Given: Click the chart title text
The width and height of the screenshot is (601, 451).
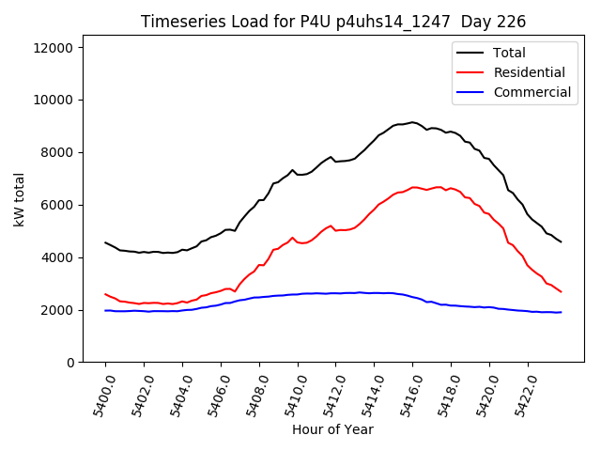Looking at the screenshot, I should [333, 22].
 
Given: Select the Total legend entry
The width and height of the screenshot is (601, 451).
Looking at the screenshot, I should [509, 54].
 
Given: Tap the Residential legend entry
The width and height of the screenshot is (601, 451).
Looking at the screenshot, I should [529, 72].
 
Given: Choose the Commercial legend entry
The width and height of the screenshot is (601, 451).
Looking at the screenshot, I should [532, 92].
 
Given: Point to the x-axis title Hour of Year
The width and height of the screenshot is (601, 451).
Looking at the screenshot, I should [332, 429].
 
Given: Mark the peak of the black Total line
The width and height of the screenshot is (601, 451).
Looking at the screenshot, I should [412, 122].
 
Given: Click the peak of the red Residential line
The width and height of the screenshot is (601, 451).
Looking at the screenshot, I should [414, 187].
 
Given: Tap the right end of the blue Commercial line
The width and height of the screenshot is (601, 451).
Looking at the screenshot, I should [562, 312].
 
